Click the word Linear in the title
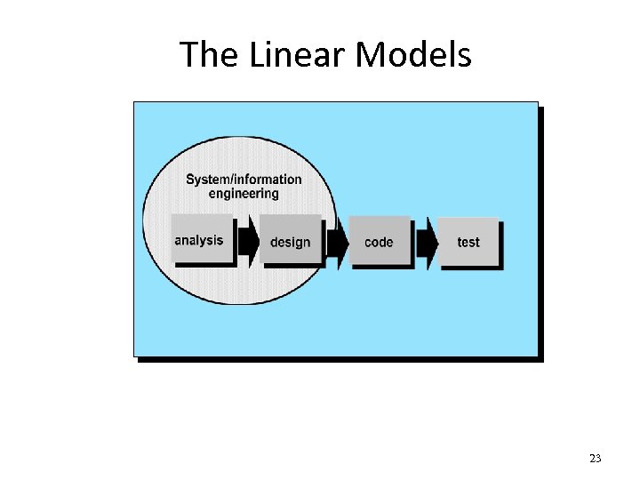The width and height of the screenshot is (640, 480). pyautogui.click(x=298, y=55)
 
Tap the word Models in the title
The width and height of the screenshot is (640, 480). pyautogui.click(x=413, y=55)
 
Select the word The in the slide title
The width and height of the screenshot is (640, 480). pyautogui.click(x=211, y=55)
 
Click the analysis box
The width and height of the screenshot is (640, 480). pyautogui.click(x=201, y=239)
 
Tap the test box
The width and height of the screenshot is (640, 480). pyautogui.click(x=468, y=242)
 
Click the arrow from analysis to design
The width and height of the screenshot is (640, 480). pyautogui.click(x=247, y=240)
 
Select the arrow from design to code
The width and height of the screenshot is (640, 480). pyautogui.click(x=337, y=241)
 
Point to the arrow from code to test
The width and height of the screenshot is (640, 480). pyautogui.click(x=427, y=241)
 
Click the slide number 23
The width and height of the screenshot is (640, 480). pyautogui.click(x=595, y=459)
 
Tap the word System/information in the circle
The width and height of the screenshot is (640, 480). pyautogui.click(x=244, y=180)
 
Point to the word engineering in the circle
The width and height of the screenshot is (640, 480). pyautogui.click(x=244, y=194)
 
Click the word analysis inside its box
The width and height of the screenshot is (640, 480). pyautogui.click(x=199, y=240)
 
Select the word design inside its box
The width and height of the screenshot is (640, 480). pyautogui.click(x=291, y=242)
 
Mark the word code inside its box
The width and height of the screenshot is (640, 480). pyautogui.click(x=379, y=242)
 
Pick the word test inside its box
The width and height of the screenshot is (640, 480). pyautogui.click(x=468, y=242)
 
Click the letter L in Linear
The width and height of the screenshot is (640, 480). pyautogui.click(x=255, y=55)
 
